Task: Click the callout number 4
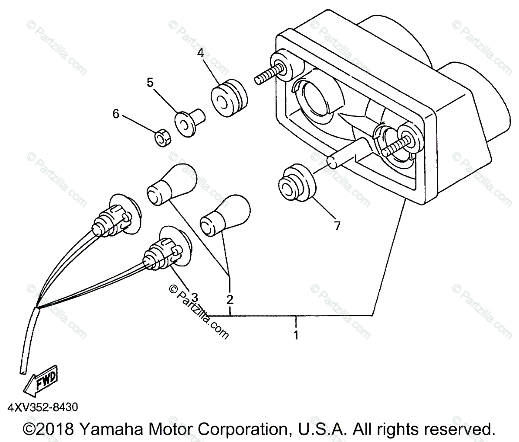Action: [200, 53]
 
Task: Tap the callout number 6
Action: [115, 114]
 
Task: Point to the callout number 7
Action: [337, 225]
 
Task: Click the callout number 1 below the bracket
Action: [296, 335]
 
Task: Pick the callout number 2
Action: [230, 299]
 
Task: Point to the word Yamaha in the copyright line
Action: [109, 429]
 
